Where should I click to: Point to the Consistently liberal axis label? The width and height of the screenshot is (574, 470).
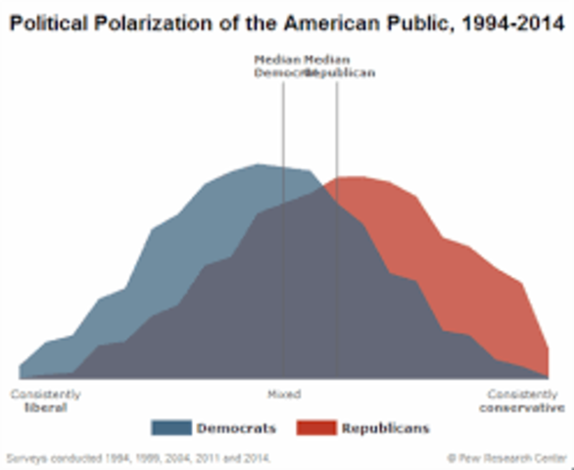click(45, 400)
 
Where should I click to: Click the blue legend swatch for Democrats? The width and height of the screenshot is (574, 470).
click(170, 428)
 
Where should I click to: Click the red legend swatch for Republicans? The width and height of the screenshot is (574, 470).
click(315, 428)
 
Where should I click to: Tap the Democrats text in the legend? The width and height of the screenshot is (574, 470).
click(236, 428)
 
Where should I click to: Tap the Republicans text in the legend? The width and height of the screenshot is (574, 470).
click(385, 428)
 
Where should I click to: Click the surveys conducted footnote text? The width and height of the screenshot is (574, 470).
click(138, 457)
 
